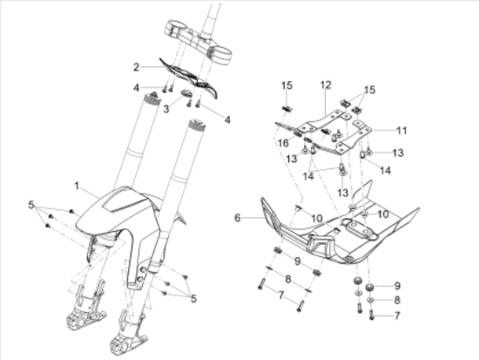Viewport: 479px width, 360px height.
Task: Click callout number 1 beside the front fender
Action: (x=77, y=186)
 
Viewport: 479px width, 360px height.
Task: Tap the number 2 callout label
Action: (x=136, y=67)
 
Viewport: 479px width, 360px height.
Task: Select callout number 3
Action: (x=165, y=109)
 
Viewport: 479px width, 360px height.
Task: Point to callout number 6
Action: (x=238, y=218)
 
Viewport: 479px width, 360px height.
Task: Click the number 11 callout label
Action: (x=401, y=131)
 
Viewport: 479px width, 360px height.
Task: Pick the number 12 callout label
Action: (x=326, y=85)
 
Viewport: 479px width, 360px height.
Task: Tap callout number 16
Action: (x=283, y=143)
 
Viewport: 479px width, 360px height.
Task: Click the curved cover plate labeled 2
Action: (x=188, y=77)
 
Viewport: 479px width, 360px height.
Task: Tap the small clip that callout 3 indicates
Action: (x=186, y=92)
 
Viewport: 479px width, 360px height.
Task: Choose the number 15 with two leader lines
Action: (x=369, y=90)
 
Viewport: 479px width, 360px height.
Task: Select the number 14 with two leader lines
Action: (x=308, y=176)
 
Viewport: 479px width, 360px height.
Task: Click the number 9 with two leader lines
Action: (x=298, y=261)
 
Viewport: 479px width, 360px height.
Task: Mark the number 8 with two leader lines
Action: (x=287, y=279)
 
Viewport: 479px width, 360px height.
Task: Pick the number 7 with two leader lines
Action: (x=281, y=295)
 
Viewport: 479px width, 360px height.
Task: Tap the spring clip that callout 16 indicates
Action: (x=297, y=134)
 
